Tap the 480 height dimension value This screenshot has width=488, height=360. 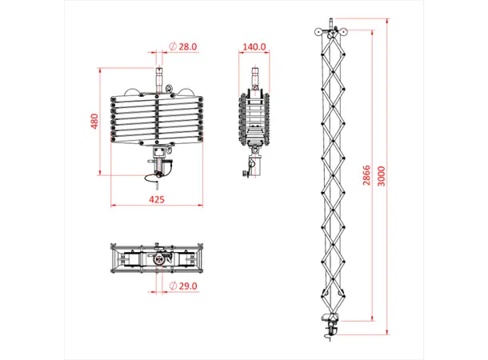pos(94,122)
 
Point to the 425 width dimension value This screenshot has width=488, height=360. pos(157,200)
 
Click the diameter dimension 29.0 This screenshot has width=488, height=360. pos(187,286)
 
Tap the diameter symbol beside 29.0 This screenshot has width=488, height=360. pos(173,286)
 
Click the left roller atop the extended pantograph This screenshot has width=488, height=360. pos(320,33)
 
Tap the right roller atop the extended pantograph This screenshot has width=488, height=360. pos(340,33)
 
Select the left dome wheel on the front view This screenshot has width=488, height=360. pos(134,90)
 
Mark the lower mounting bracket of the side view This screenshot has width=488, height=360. pos(254,165)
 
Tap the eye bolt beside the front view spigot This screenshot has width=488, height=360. pos(169,88)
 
